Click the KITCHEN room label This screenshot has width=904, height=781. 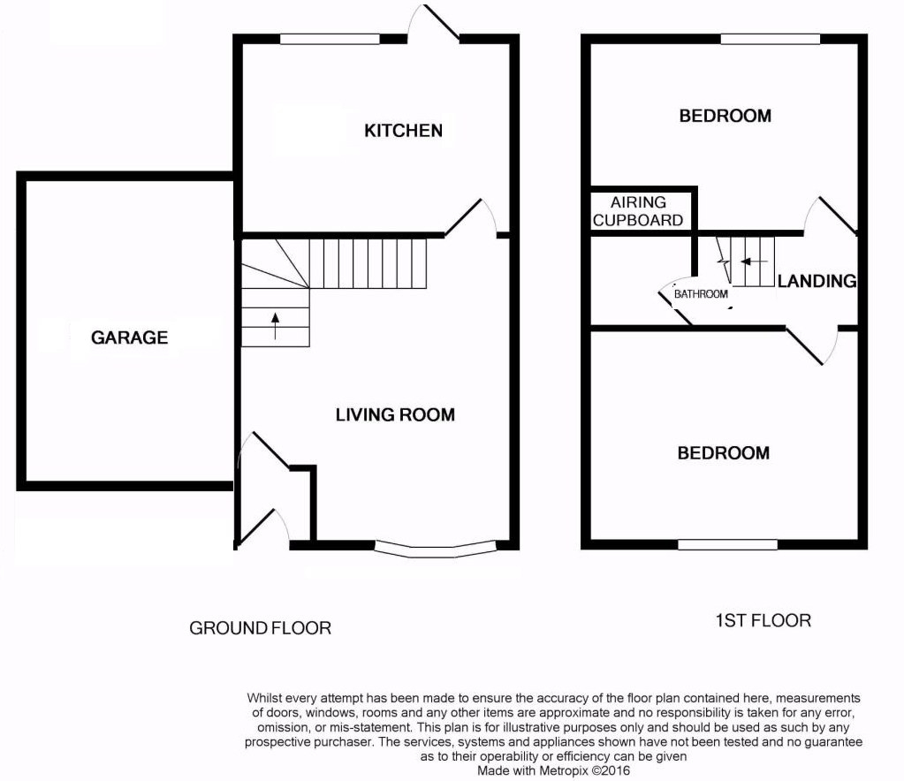403,131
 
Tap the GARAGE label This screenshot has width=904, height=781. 129,337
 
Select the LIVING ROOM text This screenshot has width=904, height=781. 395,414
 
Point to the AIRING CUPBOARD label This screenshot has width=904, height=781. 638,212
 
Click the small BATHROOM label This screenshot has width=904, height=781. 701,294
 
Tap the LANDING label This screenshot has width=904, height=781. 817,282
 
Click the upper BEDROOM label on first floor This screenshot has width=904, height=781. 725,116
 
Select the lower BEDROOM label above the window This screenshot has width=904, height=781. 723,453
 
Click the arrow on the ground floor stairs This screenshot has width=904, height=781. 275,326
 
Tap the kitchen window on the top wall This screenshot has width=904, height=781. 330,39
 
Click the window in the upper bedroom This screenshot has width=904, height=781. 770,39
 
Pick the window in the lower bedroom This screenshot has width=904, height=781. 728,545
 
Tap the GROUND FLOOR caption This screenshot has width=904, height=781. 261,628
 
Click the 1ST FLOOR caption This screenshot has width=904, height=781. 763,620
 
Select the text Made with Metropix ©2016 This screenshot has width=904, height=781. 554,770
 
